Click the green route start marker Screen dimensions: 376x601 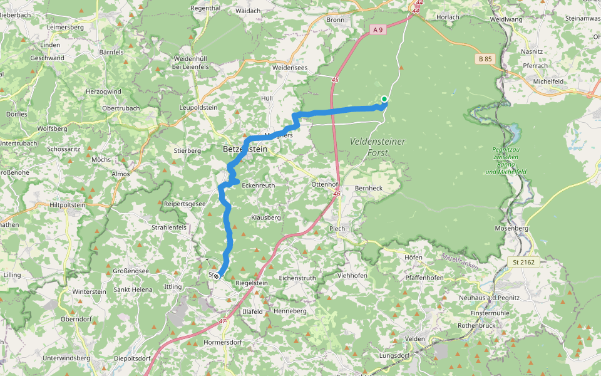tap(384, 99)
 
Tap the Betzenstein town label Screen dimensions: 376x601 tap(245, 150)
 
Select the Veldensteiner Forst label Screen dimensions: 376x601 tap(378, 147)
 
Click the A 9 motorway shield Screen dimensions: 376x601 tap(377, 29)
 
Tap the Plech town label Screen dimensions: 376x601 tap(337, 229)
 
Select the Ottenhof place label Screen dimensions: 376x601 tap(326, 185)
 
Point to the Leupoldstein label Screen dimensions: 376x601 tap(198, 108)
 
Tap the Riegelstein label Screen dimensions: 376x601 tap(251, 283)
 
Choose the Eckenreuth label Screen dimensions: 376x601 tap(258, 185)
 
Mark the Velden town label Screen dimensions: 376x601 tap(415, 338)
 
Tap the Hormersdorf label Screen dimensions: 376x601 tap(223, 343)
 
